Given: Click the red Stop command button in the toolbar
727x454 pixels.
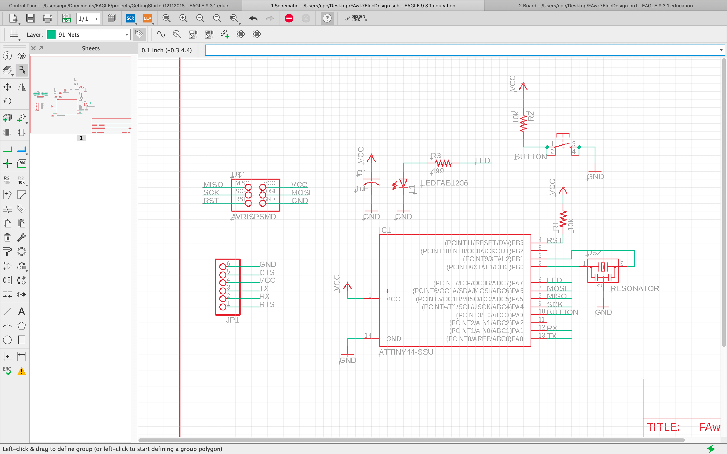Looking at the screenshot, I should point(289,19).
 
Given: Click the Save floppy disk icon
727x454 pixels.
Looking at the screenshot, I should point(31,19).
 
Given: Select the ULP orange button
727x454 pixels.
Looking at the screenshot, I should point(147,19).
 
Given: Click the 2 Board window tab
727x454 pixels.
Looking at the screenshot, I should point(605,5).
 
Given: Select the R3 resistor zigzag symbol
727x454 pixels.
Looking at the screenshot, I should point(443,163).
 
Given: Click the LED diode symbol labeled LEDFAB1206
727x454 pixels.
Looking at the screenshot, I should point(403,183).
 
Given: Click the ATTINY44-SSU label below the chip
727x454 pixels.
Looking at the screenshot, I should point(406,352).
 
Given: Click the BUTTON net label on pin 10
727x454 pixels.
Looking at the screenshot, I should point(562,312).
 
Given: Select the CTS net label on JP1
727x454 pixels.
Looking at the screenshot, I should point(267,272).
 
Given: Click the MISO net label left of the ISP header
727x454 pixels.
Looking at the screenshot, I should point(213,184).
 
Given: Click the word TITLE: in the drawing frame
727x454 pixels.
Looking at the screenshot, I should point(663,427).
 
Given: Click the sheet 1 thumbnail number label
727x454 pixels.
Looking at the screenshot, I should point(81,138).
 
